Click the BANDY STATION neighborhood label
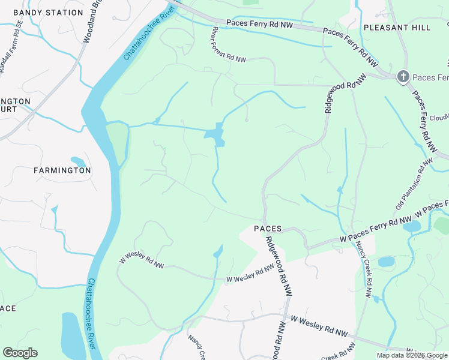48,13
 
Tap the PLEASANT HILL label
397,28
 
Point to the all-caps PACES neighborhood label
268,229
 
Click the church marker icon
403,76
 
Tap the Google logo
20,353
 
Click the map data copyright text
412,355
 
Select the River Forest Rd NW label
229,44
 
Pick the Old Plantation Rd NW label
414,184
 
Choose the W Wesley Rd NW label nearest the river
142,260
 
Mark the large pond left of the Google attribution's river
72,336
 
